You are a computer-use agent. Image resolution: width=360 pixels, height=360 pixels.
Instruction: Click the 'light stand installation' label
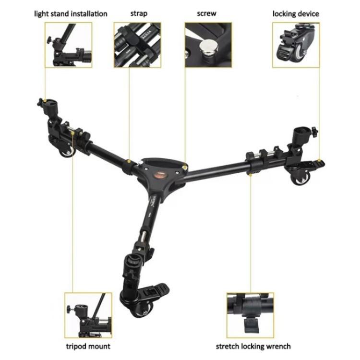click(71, 13)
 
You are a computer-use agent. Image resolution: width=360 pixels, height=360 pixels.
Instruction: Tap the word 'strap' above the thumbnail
click(139, 13)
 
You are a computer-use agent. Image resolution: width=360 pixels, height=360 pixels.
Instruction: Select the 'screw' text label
click(206, 13)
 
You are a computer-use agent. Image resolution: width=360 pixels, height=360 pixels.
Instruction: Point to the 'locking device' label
click(295, 14)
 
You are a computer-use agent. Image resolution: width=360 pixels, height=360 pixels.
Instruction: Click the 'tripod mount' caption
click(88, 346)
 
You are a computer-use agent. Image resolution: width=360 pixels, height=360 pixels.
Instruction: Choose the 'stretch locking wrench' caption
click(253, 346)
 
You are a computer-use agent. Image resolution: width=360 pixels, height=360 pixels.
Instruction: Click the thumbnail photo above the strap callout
click(137, 45)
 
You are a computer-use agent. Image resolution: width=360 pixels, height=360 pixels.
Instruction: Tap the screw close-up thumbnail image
click(208, 45)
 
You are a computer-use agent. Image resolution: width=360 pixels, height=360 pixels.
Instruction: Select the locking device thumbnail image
click(296, 45)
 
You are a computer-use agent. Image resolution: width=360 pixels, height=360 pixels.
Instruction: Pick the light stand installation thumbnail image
click(69, 45)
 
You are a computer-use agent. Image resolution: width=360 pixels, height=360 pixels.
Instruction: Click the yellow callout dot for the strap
click(129, 161)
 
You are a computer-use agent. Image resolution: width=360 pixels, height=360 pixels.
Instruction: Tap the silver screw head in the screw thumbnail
click(208, 46)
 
